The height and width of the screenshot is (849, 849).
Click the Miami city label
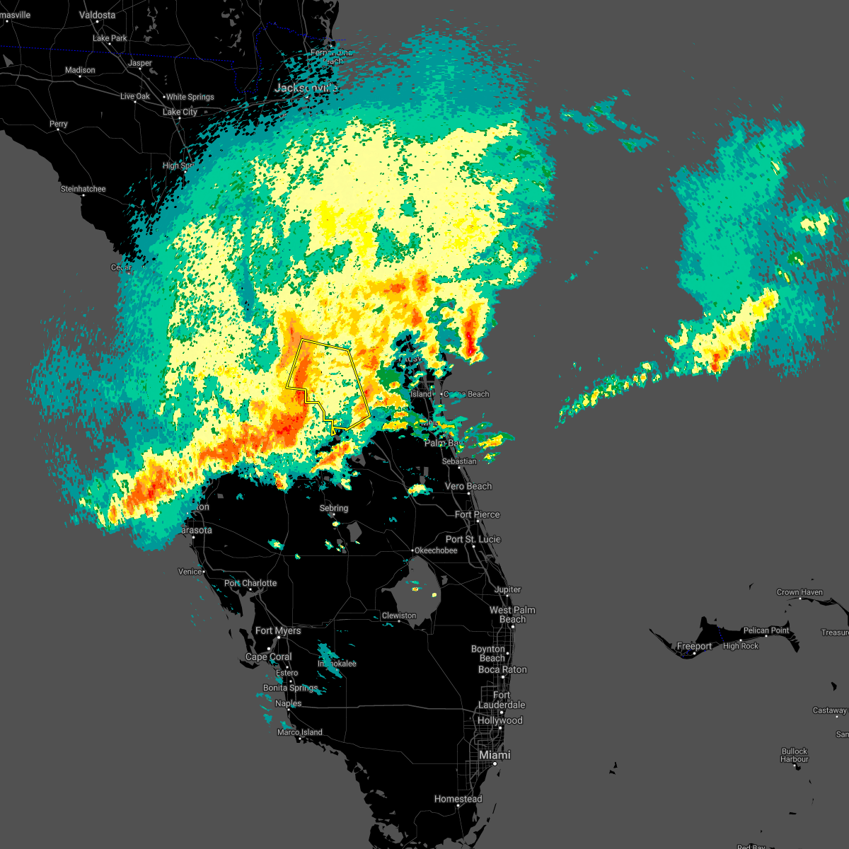[x=495, y=755]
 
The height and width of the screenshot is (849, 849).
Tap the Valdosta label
[x=97, y=15]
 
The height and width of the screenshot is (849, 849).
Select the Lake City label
[x=180, y=112]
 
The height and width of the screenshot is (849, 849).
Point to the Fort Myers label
[x=278, y=630]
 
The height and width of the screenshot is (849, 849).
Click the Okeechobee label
[x=436, y=550]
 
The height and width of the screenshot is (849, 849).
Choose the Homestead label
[x=458, y=799]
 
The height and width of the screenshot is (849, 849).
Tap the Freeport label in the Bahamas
[x=694, y=646]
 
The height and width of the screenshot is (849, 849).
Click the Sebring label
[x=334, y=508]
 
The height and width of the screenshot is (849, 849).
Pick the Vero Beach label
[x=468, y=486]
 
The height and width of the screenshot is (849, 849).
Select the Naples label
[x=288, y=703]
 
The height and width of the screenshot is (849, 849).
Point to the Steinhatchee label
[x=83, y=189]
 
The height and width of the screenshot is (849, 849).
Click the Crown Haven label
[x=799, y=592]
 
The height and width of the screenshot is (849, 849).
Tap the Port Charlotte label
[x=250, y=583]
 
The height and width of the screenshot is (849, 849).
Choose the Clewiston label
[x=399, y=616]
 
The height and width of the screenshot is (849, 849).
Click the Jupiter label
[x=507, y=589]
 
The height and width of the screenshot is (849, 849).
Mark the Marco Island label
[x=299, y=732]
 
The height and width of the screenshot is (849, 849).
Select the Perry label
[x=59, y=124]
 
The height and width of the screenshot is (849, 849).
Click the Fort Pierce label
[x=477, y=514]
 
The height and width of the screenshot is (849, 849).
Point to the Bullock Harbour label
[x=795, y=755]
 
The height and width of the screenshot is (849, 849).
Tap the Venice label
[x=190, y=572]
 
